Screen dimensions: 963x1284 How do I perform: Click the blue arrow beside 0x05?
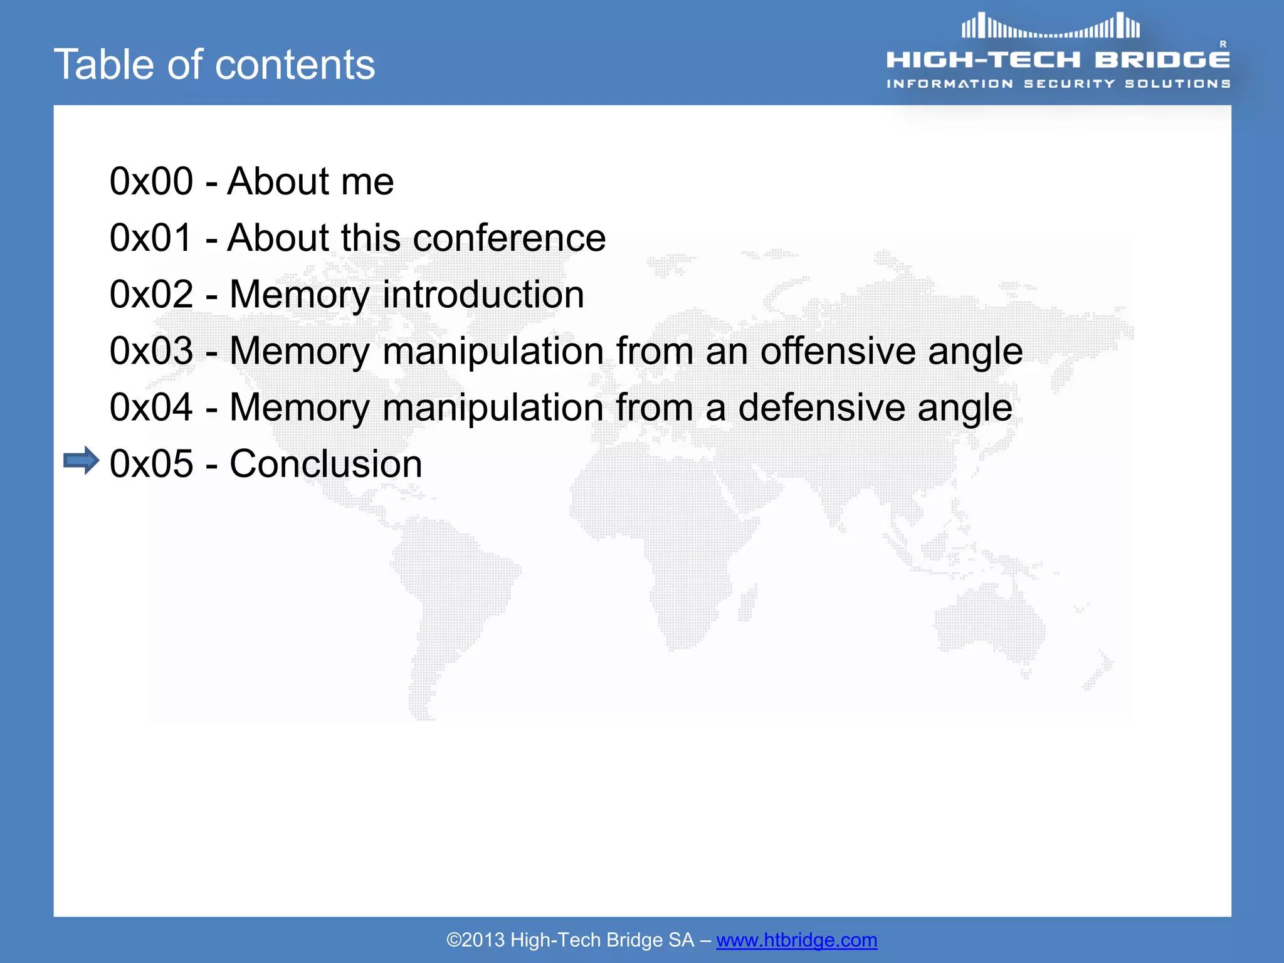82,461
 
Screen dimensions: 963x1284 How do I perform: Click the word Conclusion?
325,464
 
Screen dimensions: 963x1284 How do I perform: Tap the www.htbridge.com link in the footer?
796,940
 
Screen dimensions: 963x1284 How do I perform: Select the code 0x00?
151,181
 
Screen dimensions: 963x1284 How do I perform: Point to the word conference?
509,238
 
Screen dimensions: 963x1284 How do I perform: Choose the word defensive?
821,408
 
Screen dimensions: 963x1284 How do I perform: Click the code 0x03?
151,351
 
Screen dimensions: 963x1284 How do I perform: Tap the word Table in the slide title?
99,65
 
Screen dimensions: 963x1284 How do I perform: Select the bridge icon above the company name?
1051,26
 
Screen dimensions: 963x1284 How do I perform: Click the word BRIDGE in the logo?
1162,60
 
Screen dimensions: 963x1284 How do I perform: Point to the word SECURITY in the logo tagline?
1070,84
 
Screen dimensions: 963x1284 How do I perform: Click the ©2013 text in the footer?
475,940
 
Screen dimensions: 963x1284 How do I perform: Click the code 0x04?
151,408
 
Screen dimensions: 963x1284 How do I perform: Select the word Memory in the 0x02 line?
300,295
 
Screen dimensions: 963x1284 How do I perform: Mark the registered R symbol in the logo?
1223,44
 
